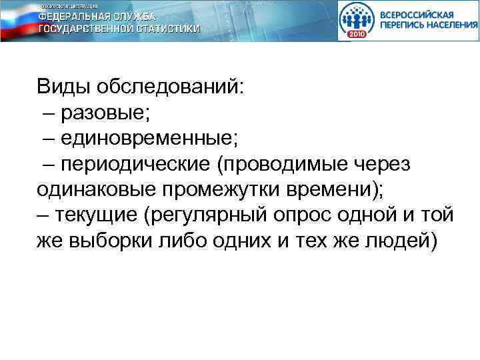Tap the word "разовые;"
click(x=105, y=113)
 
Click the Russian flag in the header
click(x=16, y=20)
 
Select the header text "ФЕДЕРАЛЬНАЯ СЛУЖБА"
click(x=97, y=16)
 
